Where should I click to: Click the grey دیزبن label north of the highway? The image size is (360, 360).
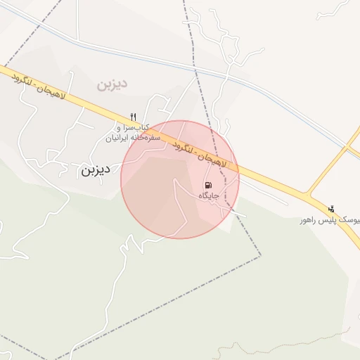(x=112, y=84)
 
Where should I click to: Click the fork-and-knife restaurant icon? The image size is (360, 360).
(x=133, y=117)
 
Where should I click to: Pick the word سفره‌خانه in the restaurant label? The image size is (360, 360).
(x=147, y=138)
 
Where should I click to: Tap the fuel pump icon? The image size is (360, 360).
(x=208, y=184)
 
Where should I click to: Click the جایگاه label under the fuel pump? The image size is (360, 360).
(x=209, y=195)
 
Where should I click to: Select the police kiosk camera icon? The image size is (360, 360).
(x=331, y=208)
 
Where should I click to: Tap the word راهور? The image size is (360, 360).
(x=306, y=220)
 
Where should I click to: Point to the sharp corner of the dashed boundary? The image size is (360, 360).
(x=260, y=255)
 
